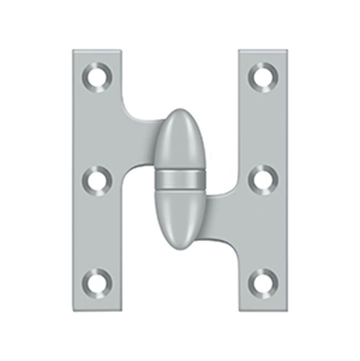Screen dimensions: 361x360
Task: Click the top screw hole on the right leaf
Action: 262,76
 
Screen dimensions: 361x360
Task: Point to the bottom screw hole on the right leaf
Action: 262,281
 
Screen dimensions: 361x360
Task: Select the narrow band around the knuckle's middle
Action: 180,179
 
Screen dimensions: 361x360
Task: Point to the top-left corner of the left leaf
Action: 74,52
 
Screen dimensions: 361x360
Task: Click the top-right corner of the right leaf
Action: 286,52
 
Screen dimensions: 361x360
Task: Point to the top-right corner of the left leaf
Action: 121,52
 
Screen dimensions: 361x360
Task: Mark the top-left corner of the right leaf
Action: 240,52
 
